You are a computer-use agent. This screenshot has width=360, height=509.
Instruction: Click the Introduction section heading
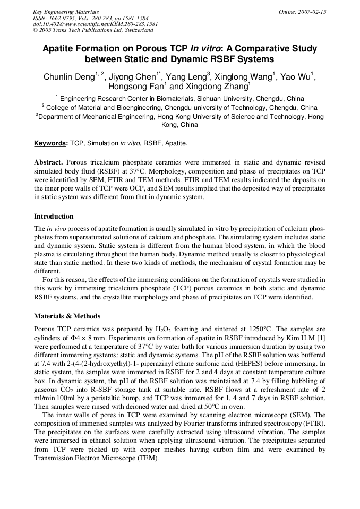click(54, 216)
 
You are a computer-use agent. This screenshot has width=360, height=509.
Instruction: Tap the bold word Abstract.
click(49, 162)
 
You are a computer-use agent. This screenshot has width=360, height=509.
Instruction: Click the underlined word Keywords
click(50, 143)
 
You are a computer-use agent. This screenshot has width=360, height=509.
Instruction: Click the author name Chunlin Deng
click(68, 76)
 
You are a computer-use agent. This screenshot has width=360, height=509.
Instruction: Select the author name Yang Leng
click(186, 76)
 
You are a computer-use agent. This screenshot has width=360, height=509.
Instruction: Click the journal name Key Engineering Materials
click(66, 12)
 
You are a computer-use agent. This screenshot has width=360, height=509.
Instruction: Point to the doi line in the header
click(95, 24)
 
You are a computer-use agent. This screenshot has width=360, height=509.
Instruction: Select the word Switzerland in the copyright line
click(135, 31)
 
